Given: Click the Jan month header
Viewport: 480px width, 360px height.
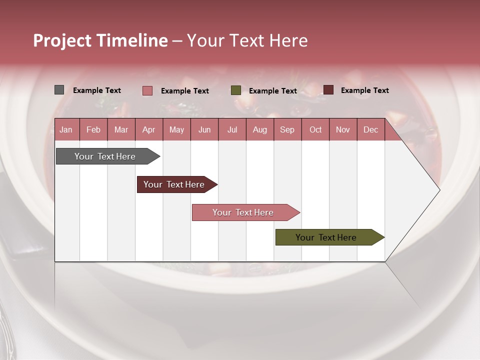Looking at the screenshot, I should [x=66, y=129].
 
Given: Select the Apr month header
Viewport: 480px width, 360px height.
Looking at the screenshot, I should [x=148, y=129].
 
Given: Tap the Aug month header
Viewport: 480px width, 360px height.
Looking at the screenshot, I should [x=259, y=129].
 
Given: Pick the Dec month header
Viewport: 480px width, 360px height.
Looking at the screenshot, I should [x=370, y=129].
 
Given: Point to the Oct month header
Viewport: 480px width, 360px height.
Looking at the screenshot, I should [x=315, y=129].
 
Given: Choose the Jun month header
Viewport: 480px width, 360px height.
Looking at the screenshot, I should [x=204, y=129].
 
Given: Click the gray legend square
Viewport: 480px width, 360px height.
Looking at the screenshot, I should [x=59, y=90].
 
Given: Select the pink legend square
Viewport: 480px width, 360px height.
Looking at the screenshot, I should [x=147, y=90].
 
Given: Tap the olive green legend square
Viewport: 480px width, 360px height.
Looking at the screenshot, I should [x=236, y=90].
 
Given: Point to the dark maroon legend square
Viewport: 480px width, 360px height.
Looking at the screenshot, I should [x=328, y=90].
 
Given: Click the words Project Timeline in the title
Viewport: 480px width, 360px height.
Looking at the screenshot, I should [x=100, y=40].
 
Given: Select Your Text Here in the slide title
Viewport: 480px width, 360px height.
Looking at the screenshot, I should [x=247, y=40].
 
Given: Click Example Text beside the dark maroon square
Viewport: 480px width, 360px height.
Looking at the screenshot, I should [x=364, y=90].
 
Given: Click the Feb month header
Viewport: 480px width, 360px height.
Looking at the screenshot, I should [x=93, y=129].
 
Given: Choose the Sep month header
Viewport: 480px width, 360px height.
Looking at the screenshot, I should [x=287, y=129].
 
